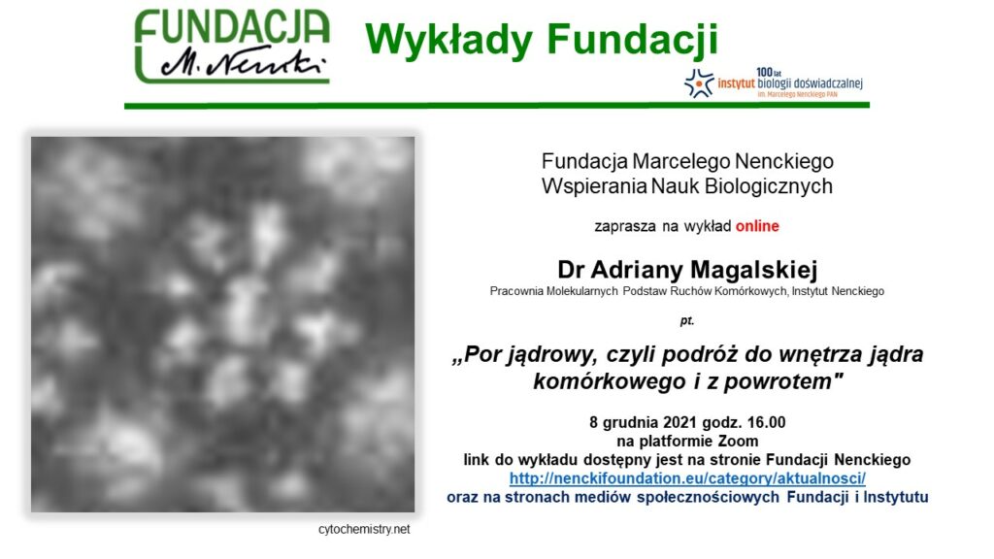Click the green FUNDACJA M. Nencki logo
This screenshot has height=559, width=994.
(x=232, y=47)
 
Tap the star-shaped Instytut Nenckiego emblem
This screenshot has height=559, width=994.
(x=699, y=83)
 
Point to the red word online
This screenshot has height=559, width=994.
(x=757, y=226)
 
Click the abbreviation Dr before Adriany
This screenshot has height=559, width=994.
(x=571, y=270)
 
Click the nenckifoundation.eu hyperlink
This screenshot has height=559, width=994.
(x=687, y=477)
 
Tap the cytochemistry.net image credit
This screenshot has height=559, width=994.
(x=364, y=529)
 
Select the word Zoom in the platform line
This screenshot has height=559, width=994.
(x=738, y=442)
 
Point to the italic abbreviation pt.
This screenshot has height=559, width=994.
(x=687, y=320)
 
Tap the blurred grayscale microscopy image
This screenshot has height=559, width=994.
(x=222, y=324)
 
